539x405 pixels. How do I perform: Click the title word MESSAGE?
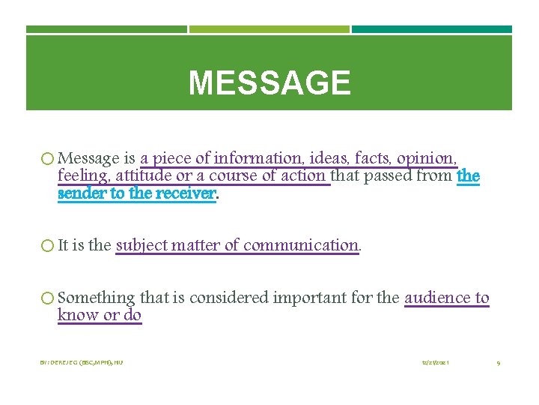(269, 83)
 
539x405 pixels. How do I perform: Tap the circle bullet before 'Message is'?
(48, 159)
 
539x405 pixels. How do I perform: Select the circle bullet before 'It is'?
(48, 246)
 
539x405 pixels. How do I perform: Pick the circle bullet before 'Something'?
(48, 298)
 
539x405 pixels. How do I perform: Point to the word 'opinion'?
(425, 158)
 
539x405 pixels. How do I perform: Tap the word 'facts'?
(372, 158)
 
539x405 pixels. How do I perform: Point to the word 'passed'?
(389, 176)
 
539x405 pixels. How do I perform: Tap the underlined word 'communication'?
(301, 245)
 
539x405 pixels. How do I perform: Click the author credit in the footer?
(82, 362)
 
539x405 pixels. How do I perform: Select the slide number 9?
(498, 363)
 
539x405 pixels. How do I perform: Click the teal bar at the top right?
(432, 30)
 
